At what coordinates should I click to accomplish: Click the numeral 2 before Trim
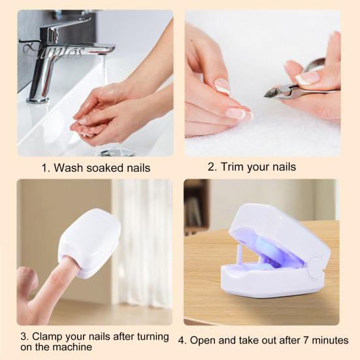[x=212, y=167]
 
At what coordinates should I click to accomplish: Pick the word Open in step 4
[x=210, y=340]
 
